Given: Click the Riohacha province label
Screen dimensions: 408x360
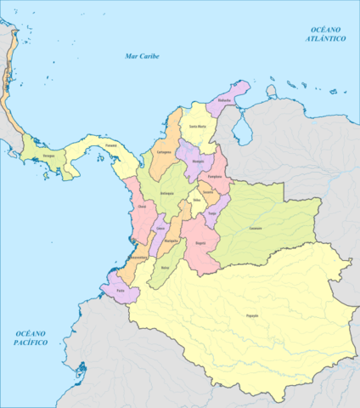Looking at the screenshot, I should point(224,99).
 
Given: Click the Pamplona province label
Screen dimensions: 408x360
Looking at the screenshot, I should point(216,176).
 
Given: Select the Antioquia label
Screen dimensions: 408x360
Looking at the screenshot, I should point(167,193).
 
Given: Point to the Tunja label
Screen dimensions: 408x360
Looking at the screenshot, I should point(212,212).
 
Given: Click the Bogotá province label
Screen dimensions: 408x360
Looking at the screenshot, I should point(200,242).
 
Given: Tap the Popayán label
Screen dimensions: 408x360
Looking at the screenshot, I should point(253,316).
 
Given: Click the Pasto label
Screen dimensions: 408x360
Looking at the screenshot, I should point(121,290).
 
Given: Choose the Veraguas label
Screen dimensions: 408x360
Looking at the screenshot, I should point(50,156).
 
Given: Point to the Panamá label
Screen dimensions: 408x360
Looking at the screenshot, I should point(110,145).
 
